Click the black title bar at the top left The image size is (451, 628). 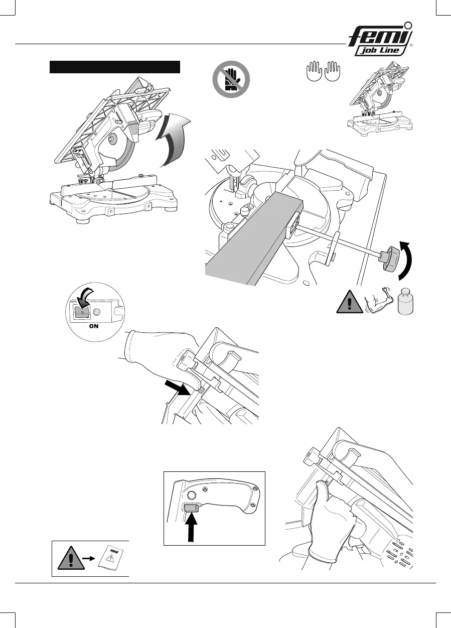(x=114, y=67)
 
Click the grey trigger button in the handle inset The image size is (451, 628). (x=191, y=509)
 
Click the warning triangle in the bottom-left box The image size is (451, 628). (x=71, y=557)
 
